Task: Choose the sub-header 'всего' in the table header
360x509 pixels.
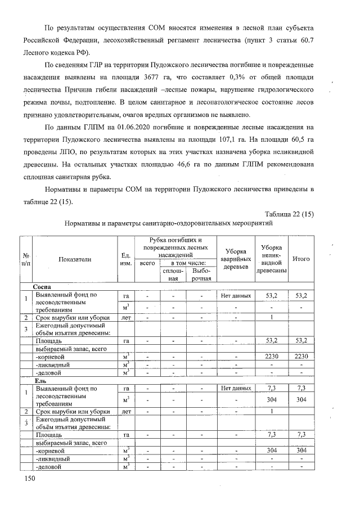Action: click(147, 263)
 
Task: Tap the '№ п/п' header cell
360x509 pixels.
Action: click(26, 259)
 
